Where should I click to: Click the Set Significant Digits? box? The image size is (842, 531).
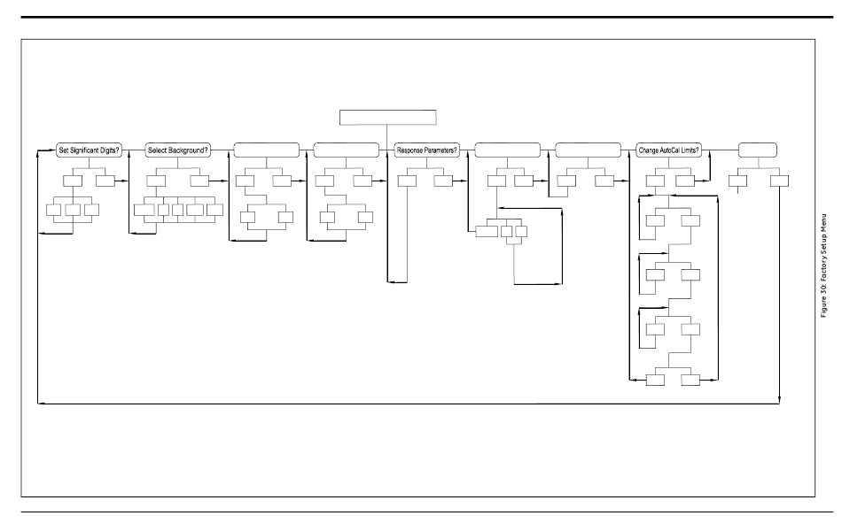(89, 150)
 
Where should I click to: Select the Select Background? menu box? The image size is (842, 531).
(177, 150)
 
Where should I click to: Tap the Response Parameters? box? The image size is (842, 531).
(426, 150)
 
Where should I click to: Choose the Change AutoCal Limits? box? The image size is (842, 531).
(669, 150)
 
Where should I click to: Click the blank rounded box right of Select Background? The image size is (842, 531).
(266, 150)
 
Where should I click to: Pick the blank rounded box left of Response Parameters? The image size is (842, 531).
(347, 150)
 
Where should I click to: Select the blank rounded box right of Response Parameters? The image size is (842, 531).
(508, 150)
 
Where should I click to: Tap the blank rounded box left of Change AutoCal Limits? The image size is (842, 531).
(588, 150)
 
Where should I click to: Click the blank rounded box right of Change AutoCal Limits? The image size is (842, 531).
(758, 150)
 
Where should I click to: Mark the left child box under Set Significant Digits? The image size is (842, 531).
(72, 181)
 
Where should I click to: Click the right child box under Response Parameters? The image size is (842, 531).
(444, 181)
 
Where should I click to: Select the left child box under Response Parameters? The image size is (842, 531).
(407, 181)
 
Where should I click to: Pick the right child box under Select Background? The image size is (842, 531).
(199, 181)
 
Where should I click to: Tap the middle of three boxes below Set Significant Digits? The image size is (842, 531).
(72, 211)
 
